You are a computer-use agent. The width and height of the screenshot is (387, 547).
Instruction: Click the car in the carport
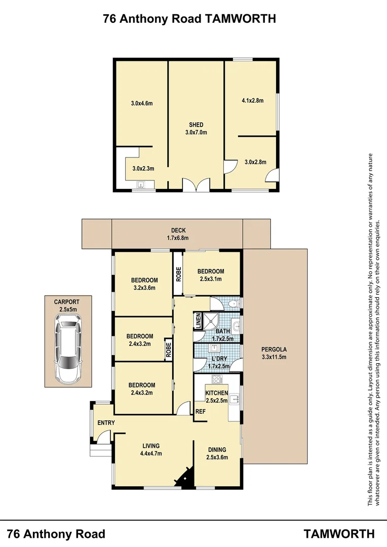pos(67,348)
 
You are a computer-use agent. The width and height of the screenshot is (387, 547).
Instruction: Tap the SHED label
pos(196,125)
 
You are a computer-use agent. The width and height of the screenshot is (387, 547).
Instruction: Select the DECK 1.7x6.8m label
pos(178,234)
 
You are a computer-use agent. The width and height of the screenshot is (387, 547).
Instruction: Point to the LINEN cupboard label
pos(198,321)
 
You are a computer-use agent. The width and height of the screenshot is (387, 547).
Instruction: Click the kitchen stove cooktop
pos(217,379)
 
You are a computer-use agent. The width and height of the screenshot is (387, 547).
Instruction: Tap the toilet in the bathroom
pos(231,304)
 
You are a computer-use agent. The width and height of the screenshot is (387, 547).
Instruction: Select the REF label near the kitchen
pos(201,412)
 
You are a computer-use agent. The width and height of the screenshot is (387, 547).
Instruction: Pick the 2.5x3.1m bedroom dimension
pos(210,279)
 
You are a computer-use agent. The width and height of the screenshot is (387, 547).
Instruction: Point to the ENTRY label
pos(106,423)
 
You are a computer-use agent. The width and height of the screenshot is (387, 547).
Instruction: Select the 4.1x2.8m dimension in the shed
pos(252,100)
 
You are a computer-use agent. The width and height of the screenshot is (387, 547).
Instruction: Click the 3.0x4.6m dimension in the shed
pos(141,103)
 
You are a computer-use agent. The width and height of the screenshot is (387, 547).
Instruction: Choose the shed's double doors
pos(196,185)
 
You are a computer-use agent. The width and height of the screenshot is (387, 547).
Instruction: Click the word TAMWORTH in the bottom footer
pos(339,534)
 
